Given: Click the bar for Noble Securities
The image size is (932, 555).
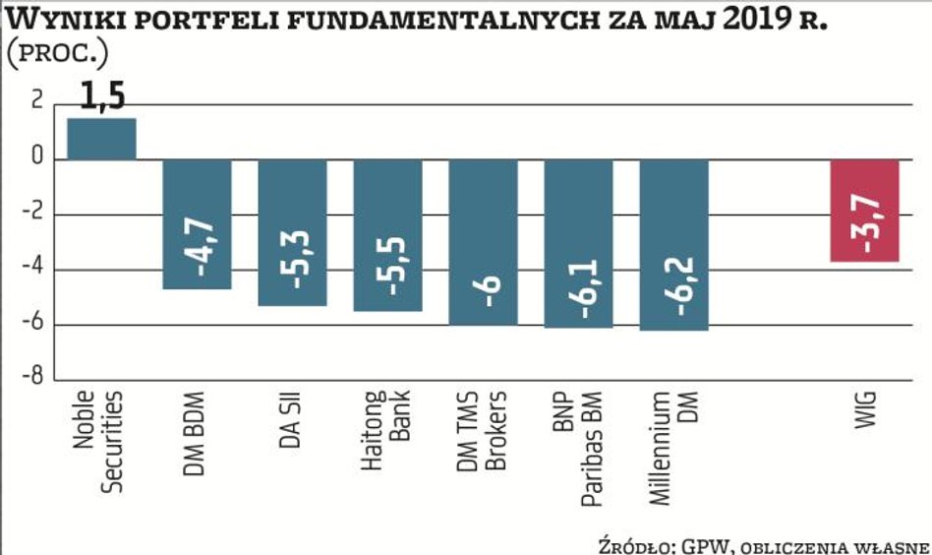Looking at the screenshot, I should pyautogui.click(x=101, y=139).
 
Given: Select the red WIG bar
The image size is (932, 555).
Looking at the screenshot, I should pyautogui.click(x=864, y=210).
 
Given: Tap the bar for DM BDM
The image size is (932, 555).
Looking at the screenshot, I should pyautogui.click(x=197, y=223).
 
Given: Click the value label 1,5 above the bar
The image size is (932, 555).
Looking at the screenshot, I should pyautogui.click(x=102, y=98).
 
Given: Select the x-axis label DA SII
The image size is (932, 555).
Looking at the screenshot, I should pyautogui.click(x=291, y=421).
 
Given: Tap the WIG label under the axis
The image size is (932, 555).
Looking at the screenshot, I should pyautogui.click(x=864, y=410).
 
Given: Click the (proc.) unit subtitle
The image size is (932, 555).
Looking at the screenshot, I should pyautogui.click(x=58, y=54).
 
